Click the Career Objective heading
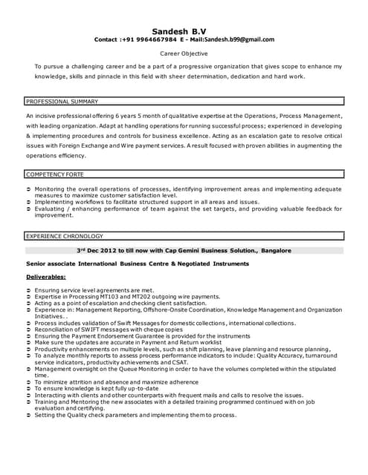pyautogui.click(x=184, y=54)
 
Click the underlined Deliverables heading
pyautogui.click(x=45, y=277)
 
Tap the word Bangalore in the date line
pyautogui.click(x=276, y=251)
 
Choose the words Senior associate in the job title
pyautogui.click(x=50, y=263)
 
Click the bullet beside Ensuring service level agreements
pyautogui.click(x=28, y=290)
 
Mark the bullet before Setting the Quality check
pyautogui.click(x=28, y=415)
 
